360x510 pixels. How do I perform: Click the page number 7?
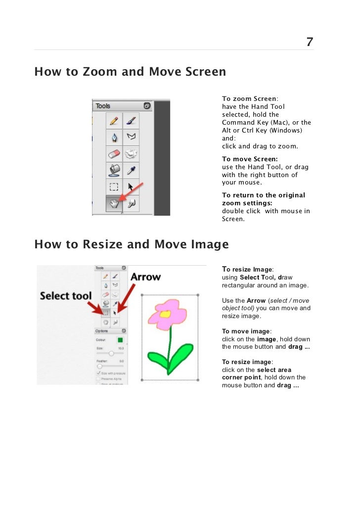310,42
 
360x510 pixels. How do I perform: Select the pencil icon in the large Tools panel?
114,120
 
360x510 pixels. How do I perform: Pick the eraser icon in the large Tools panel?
114,153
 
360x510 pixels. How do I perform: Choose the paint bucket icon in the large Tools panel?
114,170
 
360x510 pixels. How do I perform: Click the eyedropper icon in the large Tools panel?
131,170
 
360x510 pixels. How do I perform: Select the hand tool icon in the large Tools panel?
114,204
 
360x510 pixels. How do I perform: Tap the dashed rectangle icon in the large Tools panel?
114,187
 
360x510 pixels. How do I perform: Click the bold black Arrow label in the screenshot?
145,277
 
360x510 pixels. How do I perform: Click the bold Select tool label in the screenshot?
66,296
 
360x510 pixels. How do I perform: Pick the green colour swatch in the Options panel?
120,340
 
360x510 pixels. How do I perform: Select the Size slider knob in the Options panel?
111,353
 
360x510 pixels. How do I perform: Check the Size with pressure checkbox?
98,373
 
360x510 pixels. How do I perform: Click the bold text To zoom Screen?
249,99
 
